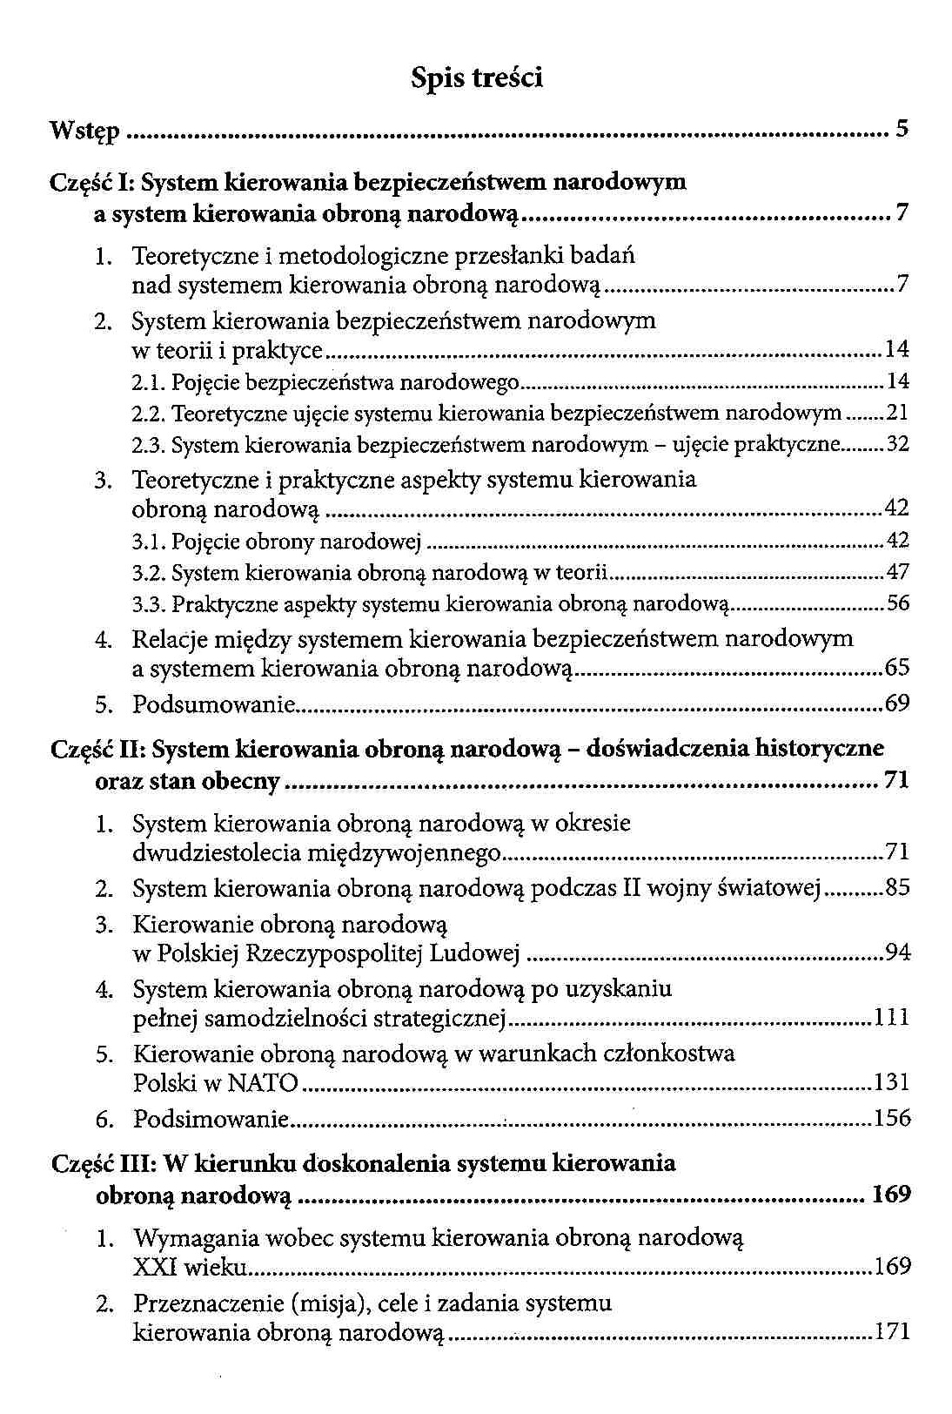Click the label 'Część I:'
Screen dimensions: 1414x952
(92, 183)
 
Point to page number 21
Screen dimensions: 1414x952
(897, 413)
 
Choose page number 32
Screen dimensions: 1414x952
(897, 445)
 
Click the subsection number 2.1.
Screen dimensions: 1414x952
(149, 382)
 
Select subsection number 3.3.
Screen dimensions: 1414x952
(149, 604)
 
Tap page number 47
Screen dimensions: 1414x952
(897, 572)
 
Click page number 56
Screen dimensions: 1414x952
(897, 603)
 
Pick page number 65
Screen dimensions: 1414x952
(897, 669)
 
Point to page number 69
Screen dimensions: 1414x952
(897, 703)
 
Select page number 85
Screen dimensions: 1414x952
(897, 889)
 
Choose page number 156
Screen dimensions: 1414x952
(893, 1118)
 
